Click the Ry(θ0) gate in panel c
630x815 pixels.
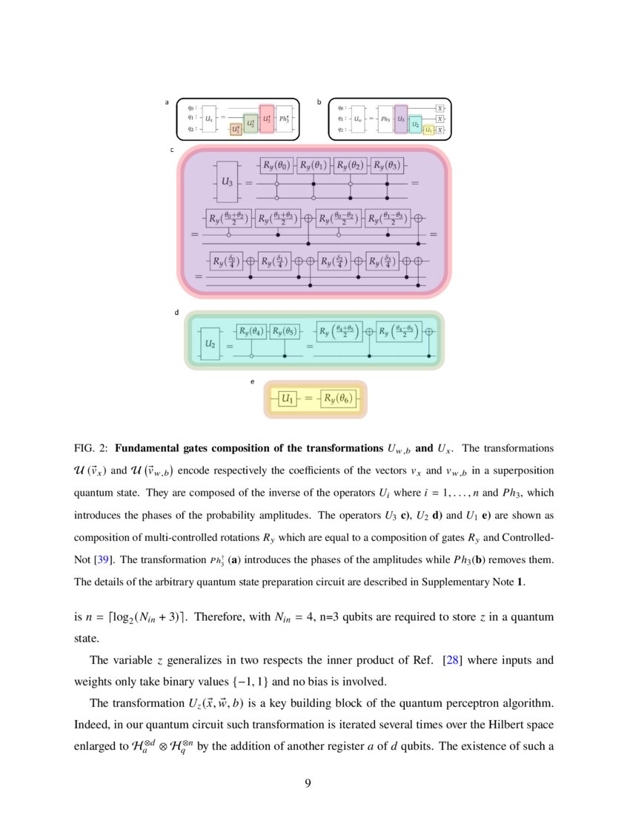[x=276, y=164]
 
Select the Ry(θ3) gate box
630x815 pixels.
[x=388, y=164]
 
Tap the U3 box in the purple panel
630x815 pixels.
[x=228, y=181]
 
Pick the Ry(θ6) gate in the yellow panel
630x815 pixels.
[x=339, y=399]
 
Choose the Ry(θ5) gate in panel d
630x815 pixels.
[x=285, y=332]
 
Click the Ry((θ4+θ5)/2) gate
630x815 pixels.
[x=339, y=332]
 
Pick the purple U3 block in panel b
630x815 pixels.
[x=401, y=119]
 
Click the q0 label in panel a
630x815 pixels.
[x=191, y=107]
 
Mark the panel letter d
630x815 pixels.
[x=176, y=313]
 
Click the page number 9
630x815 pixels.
[x=315, y=783]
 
